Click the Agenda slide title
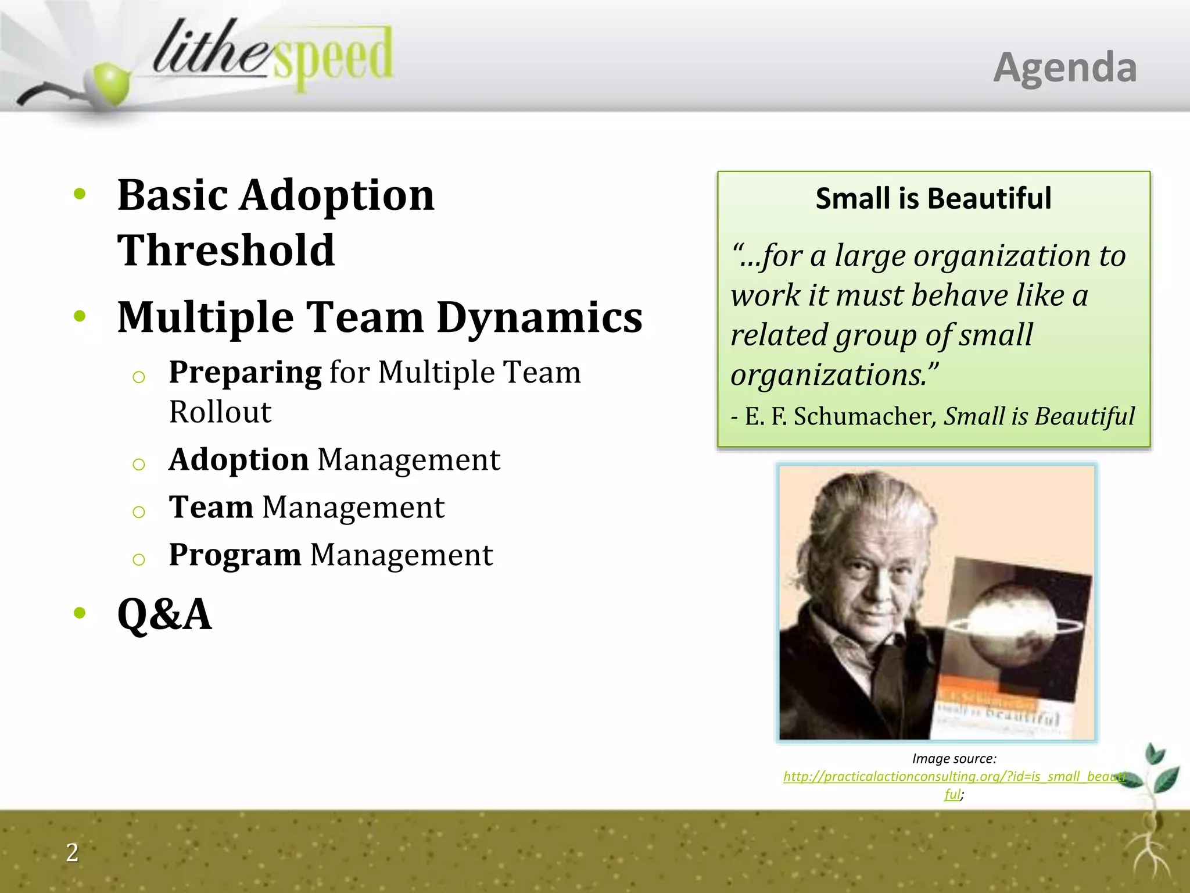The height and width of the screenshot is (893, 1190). click(1064, 68)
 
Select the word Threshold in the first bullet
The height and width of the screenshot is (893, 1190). click(226, 250)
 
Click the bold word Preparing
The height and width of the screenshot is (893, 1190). click(245, 372)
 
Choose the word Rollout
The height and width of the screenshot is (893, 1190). click(220, 412)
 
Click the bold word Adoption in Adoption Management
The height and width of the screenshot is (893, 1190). click(238, 459)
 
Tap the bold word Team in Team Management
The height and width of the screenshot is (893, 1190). click(211, 507)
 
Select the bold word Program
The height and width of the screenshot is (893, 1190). click(235, 555)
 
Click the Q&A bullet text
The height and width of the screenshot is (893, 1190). click(164, 614)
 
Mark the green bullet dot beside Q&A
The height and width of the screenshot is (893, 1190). click(80, 612)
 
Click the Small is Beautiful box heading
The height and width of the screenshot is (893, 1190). click(933, 198)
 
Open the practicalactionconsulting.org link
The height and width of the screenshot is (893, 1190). click(954, 777)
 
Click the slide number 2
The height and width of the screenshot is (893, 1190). click(72, 852)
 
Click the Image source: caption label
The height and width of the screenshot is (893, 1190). click(954, 758)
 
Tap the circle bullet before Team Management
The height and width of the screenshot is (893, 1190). click(138, 512)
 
